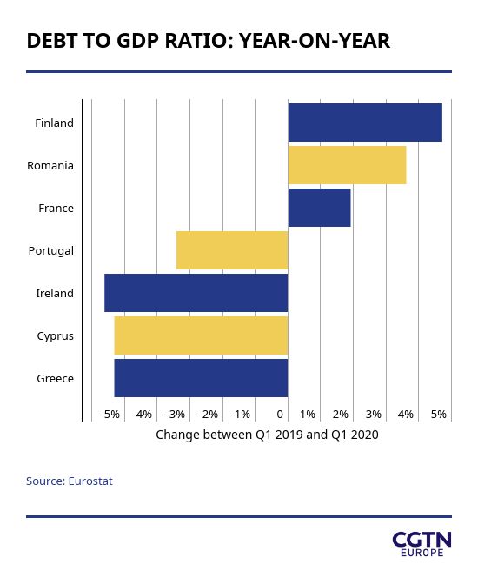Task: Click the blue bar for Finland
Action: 365,123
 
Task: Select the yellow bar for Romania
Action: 348,165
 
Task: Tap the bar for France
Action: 319,208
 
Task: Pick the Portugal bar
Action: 232,250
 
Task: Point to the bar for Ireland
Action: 196,293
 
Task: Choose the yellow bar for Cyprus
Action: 201,335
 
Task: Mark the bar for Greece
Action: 201,378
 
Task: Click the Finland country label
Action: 54,123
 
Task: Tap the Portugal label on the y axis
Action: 51,251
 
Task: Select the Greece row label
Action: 56,378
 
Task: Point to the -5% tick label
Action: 110,414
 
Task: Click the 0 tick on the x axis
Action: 280,414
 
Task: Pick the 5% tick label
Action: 439,414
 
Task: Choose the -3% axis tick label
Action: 175,414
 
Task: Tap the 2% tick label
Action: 341,414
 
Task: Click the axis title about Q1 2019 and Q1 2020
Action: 267,435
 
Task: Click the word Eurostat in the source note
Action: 90,481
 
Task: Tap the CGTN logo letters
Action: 422,540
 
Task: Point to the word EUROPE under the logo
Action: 422,553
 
